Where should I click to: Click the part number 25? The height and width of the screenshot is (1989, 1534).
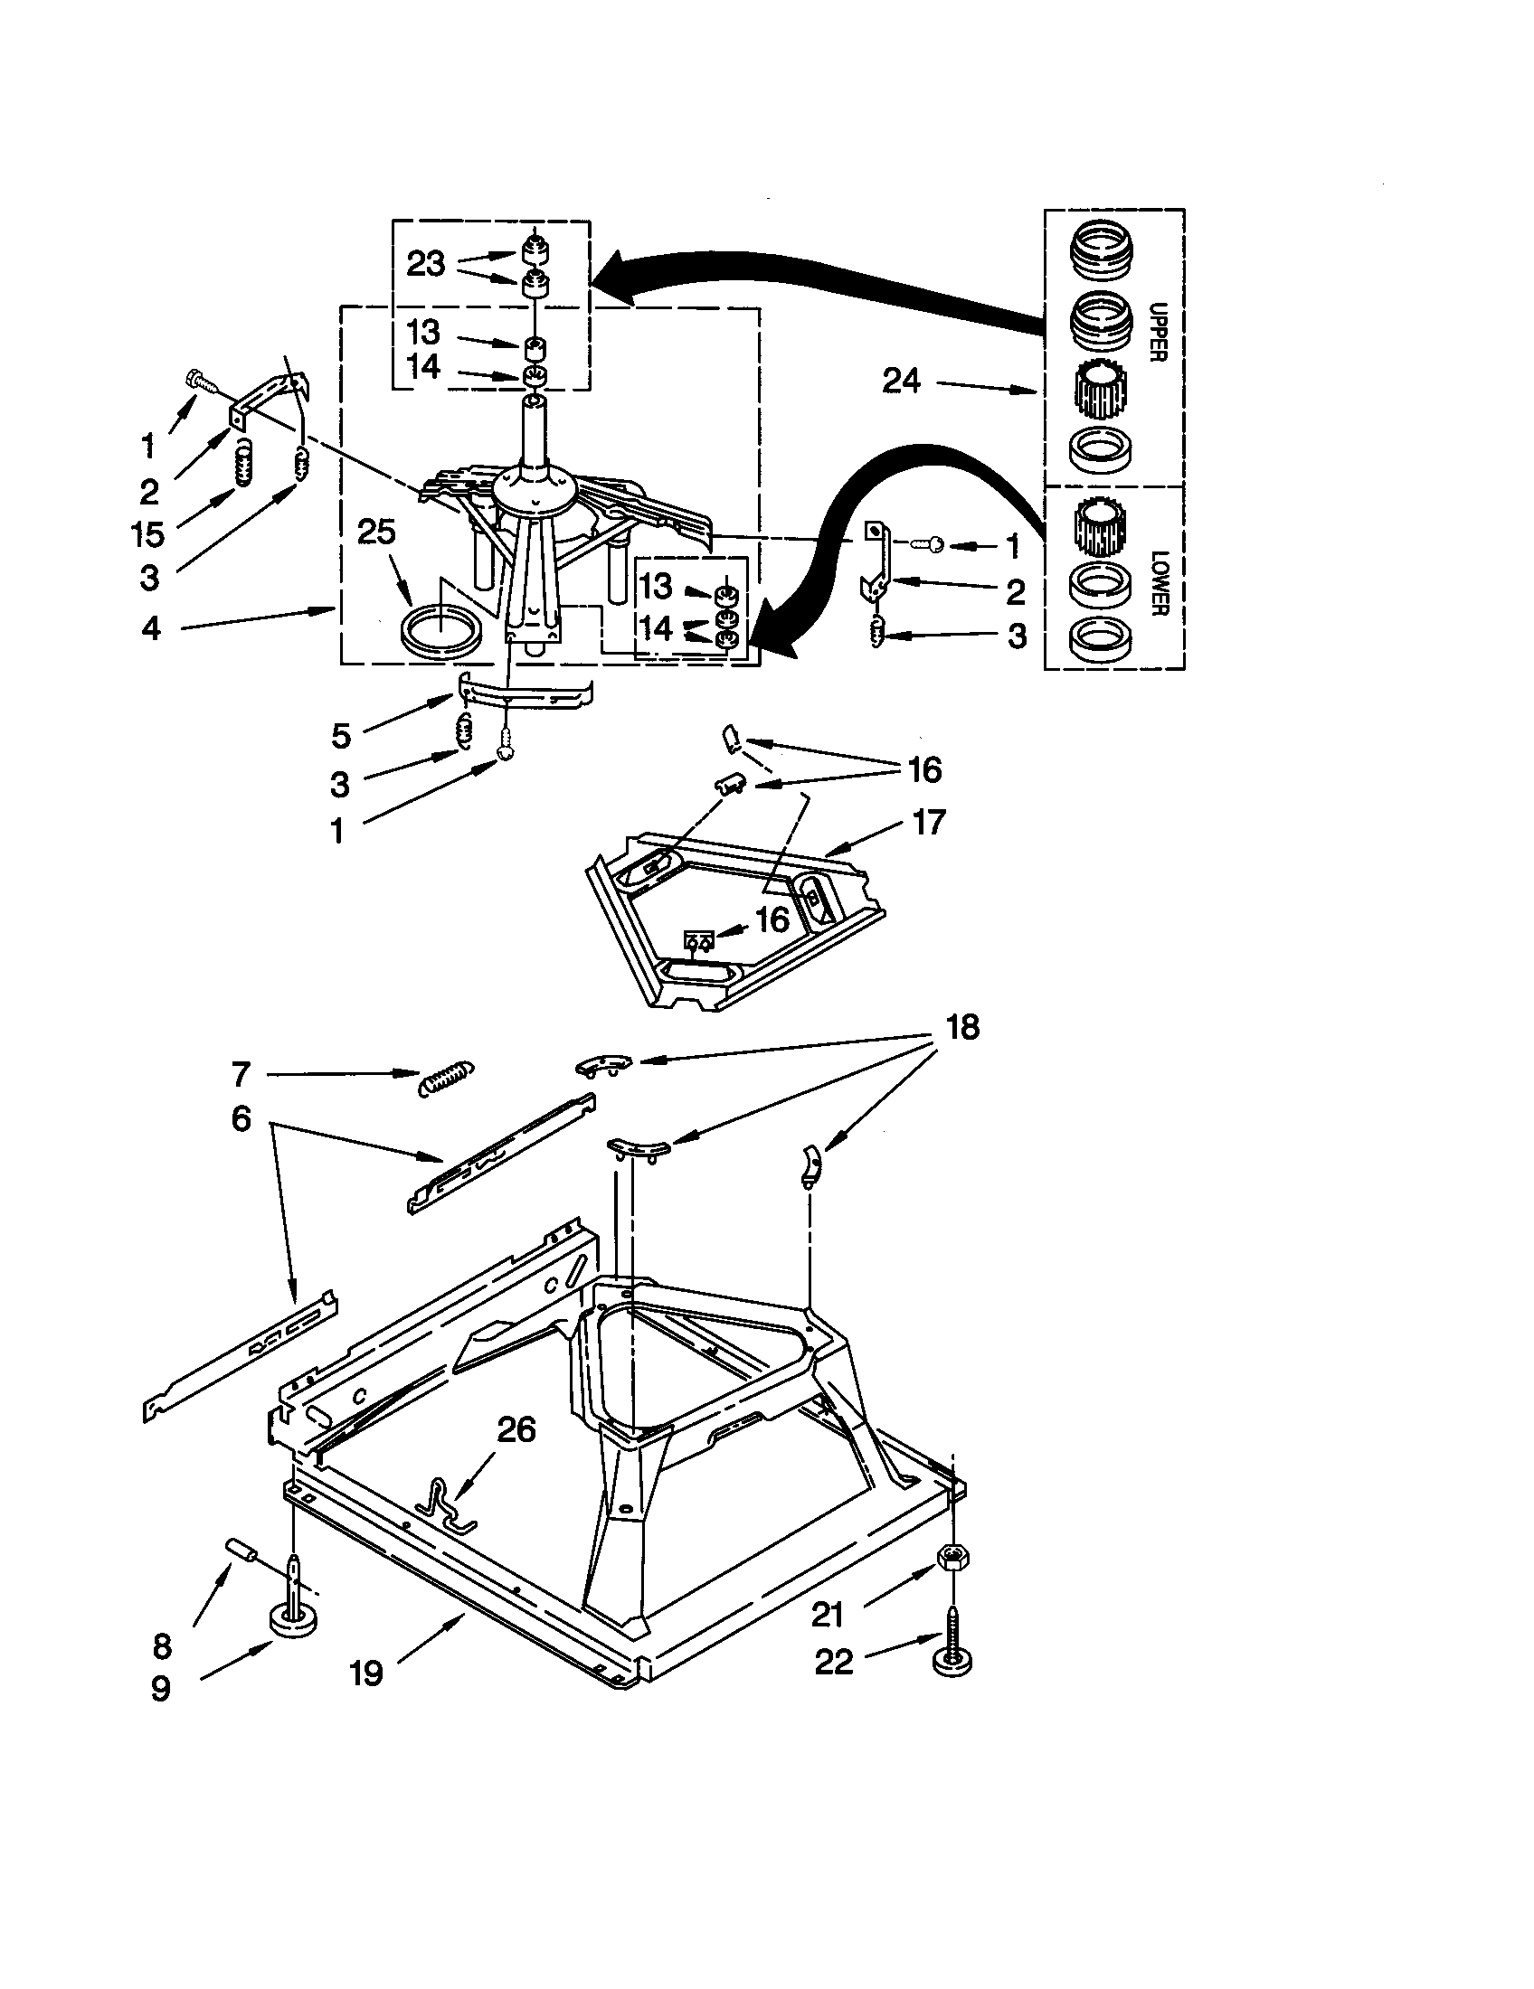[x=376, y=533]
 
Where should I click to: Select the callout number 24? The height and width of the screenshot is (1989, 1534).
[x=901, y=381]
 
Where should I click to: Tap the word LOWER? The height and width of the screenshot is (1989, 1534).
[x=1158, y=583]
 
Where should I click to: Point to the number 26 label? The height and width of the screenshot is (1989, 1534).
[x=516, y=1430]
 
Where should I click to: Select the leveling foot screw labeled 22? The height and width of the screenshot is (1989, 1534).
[x=952, y=1648]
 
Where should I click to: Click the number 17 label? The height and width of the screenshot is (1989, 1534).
[x=928, y=823]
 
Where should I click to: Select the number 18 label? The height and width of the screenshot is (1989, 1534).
[x=963, y=1027]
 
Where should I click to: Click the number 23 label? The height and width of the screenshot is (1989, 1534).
[x=425, y=264]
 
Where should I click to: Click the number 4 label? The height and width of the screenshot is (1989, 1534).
[x=151, y=627]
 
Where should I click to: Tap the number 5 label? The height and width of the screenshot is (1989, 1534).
[x=340, y=736]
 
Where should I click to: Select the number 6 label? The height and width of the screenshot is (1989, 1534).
[x=241, y=1118]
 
